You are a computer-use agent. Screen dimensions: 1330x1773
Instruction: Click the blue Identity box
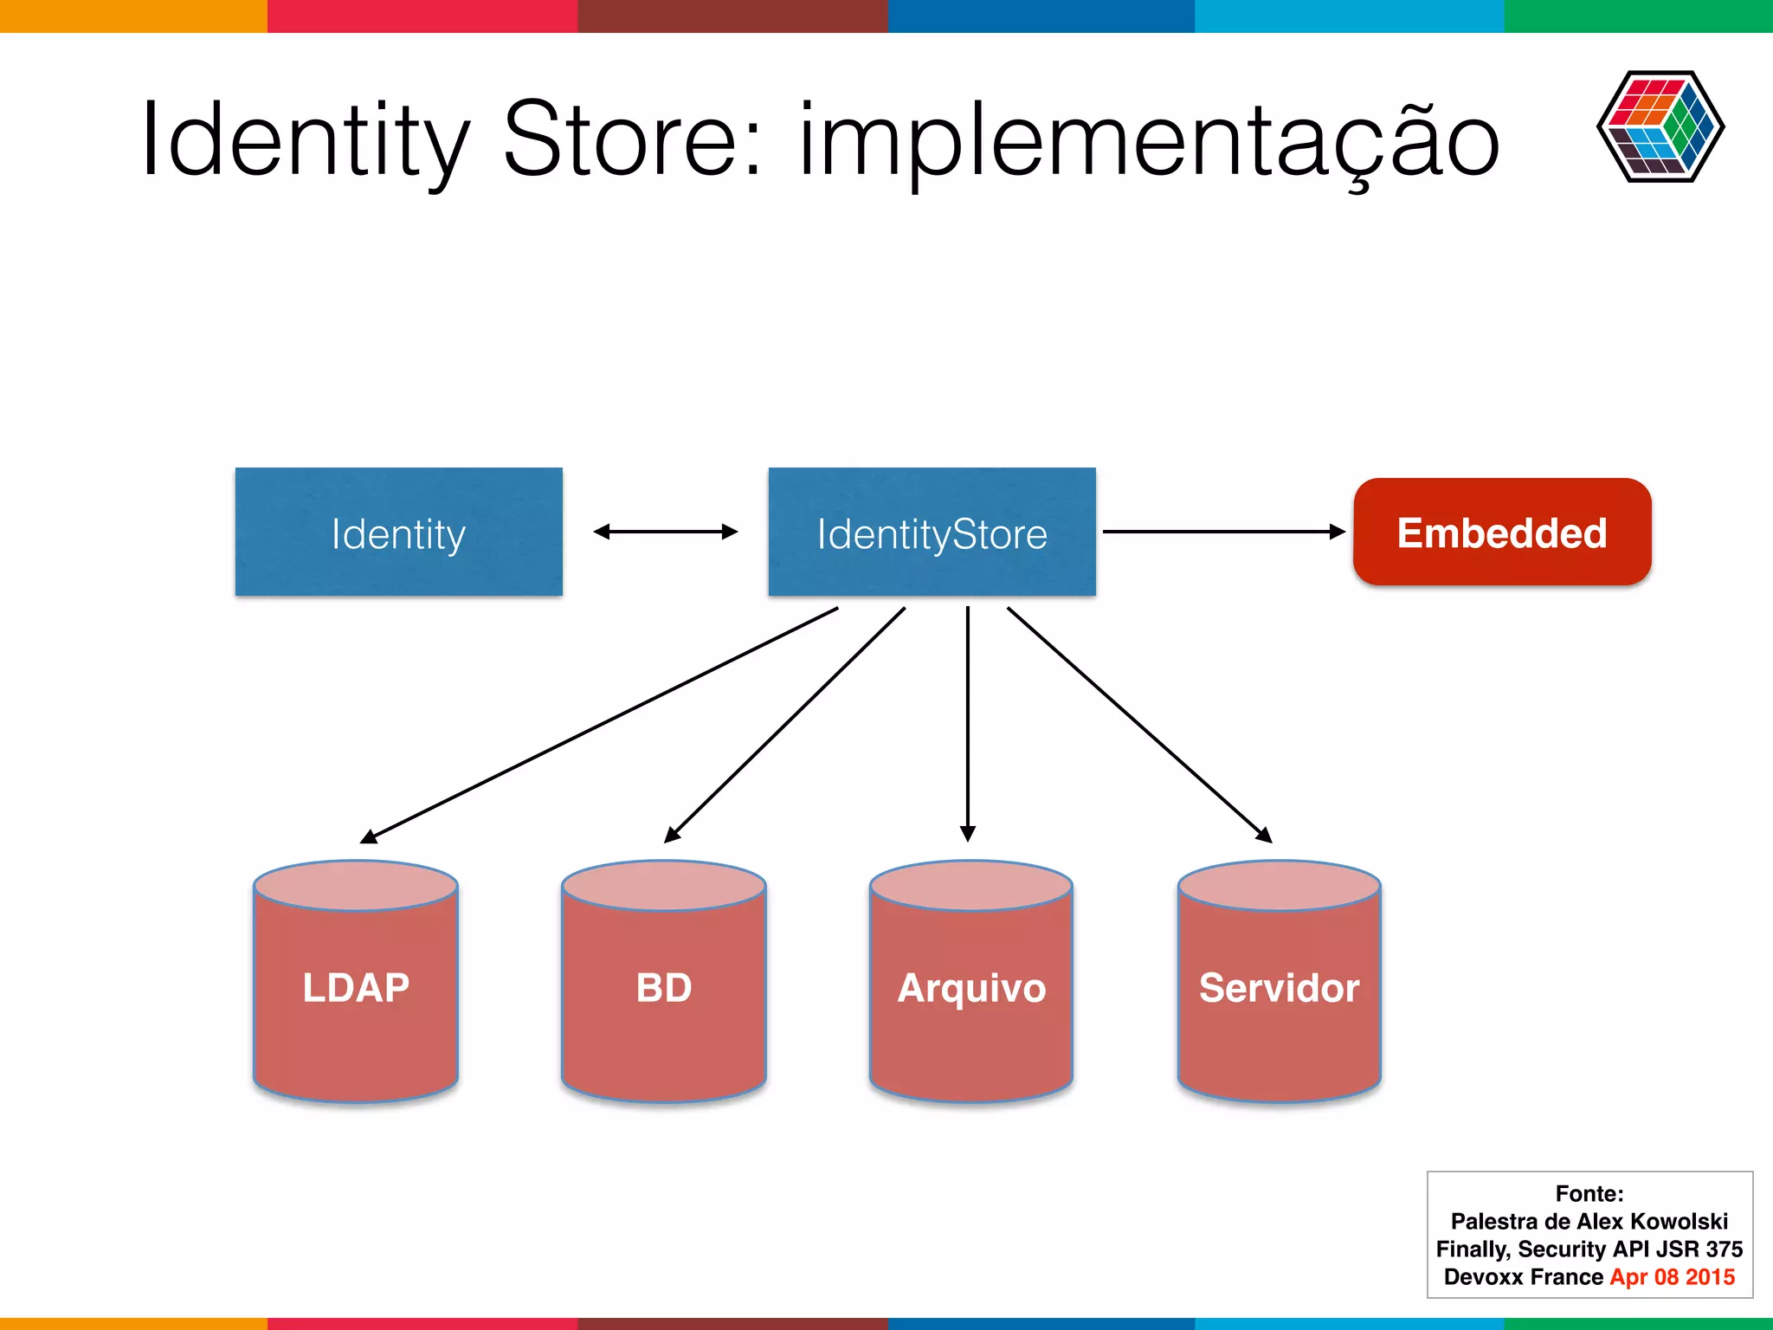(398, 532)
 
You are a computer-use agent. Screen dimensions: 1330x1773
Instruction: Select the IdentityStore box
(932, 532)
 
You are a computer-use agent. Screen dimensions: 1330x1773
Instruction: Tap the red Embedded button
(1502, 532)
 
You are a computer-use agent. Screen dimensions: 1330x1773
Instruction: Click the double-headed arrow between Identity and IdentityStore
(665, 532)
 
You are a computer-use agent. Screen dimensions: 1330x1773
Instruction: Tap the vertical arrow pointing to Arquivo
(968, 723)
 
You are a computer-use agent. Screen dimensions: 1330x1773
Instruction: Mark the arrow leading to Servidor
(1139, 725)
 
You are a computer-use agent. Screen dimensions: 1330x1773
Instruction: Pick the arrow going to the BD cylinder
(784, 725)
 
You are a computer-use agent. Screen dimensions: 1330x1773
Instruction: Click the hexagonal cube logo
(1660, 126)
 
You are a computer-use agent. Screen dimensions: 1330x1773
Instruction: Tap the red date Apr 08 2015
(1672, 1276)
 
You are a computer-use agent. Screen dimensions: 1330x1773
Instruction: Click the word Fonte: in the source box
(1589, 1193)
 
